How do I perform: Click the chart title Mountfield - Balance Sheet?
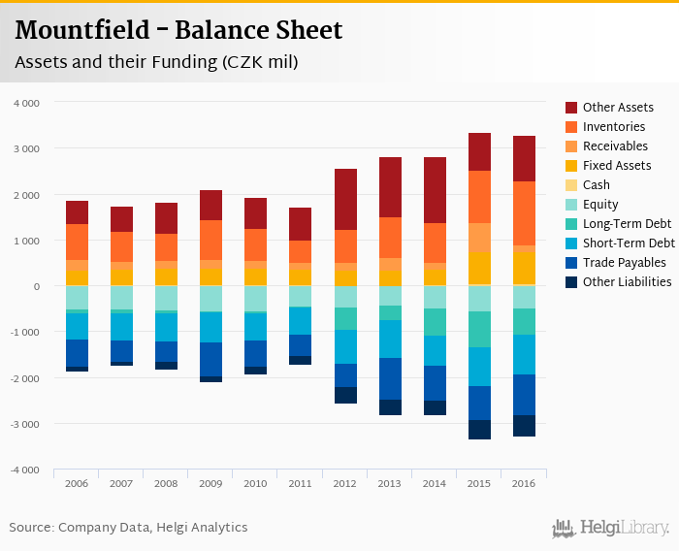tap(178, 30)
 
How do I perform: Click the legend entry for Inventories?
tap(614, 127)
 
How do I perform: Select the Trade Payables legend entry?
tap(624, 263)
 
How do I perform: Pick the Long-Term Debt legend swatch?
tap(572, 224)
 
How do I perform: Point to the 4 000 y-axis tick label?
tap(26, 102)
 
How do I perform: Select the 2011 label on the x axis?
tap(300, 482)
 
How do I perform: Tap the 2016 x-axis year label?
tap(524, 482)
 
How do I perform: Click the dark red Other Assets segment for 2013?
tap(390, 187)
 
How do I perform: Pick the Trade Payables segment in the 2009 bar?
tap(211, 359)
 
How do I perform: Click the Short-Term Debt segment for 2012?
tap(345, 346)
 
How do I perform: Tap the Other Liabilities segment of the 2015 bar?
tap(479, 430)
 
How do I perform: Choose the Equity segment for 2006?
tap(78, 298)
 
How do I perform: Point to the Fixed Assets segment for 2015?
tap(479, 268)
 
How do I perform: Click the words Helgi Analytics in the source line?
tap(205, 528)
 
